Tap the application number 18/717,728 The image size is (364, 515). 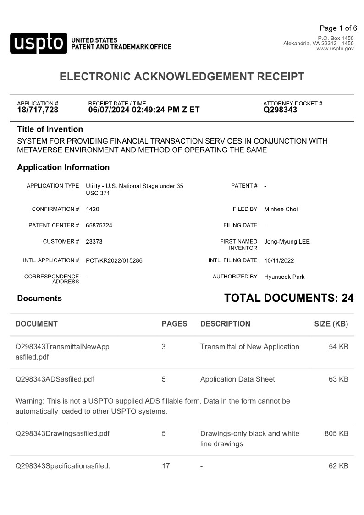38,110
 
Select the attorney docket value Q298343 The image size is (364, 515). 280,110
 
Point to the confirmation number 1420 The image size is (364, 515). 92,209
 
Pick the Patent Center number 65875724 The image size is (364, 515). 99,225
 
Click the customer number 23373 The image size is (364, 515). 94,241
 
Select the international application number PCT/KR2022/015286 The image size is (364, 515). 114,260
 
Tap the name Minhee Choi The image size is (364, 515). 281,209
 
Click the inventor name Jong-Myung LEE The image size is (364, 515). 287,241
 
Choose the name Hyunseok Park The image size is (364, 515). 284,277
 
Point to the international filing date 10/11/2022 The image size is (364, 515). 279,260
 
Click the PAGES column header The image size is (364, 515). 174,324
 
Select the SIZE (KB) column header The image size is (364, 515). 331,324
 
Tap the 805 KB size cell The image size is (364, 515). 336,433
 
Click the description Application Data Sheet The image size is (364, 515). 237,379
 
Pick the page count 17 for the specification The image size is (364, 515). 165,466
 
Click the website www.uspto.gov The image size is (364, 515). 335,49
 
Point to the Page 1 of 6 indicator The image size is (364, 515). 338,28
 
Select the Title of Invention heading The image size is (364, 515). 50,129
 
